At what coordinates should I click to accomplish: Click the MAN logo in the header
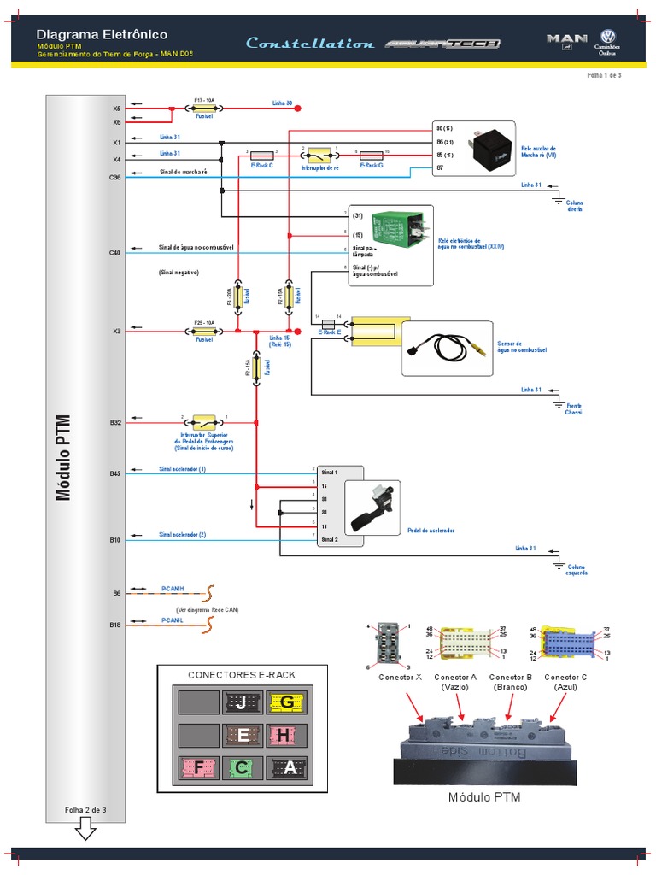click(566, 39)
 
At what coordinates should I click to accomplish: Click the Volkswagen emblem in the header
click(609, 37)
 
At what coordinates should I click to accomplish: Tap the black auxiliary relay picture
click(493, 150)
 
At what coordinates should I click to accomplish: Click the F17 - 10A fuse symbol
click(204, 109)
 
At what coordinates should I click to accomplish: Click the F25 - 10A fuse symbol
click(204, 331)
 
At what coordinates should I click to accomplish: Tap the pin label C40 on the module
click(115, 252)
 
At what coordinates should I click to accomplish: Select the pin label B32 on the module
click(115, 422)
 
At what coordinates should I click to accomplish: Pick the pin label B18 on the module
click(115, 625)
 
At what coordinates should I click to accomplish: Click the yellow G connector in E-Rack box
click(286, 703)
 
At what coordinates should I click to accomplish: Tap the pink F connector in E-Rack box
click(199, 768)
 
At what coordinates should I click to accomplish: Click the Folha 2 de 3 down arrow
click(85, 828)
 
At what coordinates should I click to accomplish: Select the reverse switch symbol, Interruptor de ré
click(319, 156)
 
